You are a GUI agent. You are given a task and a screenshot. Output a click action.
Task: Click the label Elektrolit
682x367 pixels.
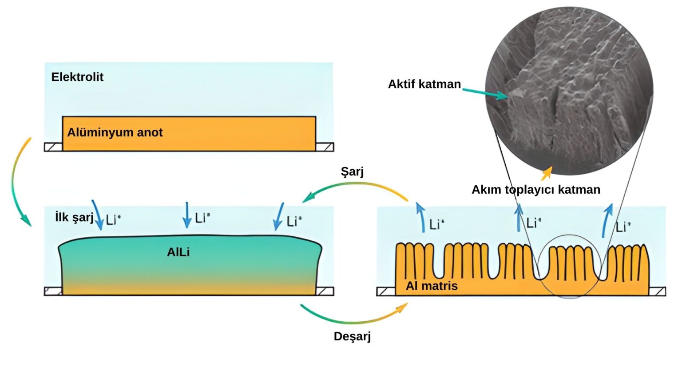coord(77,77)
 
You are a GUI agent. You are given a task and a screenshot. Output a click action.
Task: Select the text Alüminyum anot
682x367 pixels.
coord(115,132)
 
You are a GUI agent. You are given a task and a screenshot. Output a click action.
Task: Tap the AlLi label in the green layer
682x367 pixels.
coord(178,252)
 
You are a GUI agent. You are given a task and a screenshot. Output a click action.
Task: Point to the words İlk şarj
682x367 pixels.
coord(74,217)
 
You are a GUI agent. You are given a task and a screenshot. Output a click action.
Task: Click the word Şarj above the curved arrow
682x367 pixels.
coord(352,172)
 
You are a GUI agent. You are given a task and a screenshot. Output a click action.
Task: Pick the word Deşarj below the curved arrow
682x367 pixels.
coord(352,336)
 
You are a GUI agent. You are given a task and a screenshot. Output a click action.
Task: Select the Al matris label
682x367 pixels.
coord(432,286)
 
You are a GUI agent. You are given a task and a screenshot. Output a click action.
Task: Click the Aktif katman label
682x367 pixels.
coord(424,84)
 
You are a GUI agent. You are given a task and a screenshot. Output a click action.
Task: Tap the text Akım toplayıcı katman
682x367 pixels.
coord(536,190)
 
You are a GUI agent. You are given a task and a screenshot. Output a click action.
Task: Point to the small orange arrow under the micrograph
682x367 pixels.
coord(547,173)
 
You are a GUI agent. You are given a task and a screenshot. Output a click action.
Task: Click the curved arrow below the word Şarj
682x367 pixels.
coord(355,188)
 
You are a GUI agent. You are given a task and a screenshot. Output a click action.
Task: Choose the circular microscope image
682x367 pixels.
coord(569,89)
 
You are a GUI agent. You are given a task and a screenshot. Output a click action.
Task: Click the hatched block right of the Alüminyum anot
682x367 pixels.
coord(325,147)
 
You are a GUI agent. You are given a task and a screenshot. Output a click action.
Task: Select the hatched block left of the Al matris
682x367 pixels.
coord(386,291)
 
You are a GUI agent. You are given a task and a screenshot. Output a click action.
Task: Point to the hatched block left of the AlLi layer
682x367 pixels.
coord(53,291)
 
